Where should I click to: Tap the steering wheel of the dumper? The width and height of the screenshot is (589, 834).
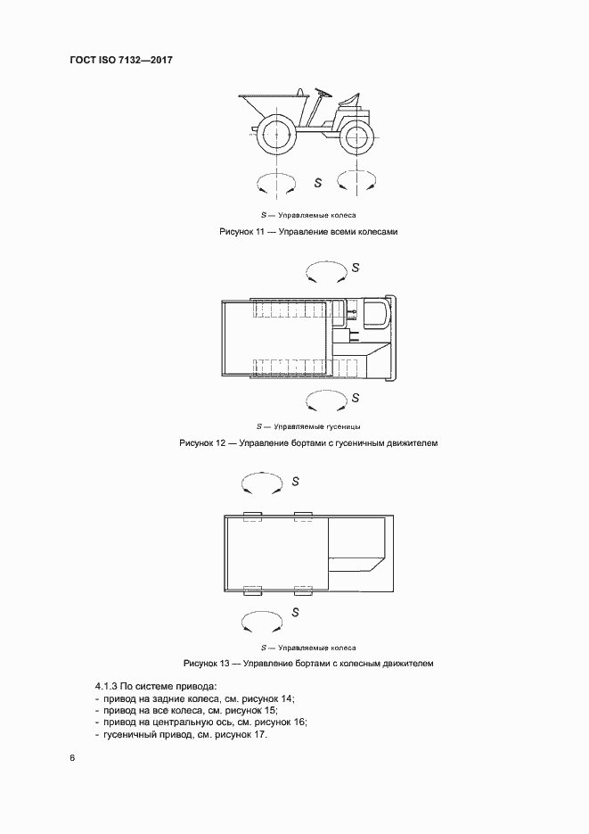(321, 91)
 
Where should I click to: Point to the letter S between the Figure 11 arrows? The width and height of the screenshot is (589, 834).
(318, 183)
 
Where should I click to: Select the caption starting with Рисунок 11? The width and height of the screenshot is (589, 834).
(307, 232)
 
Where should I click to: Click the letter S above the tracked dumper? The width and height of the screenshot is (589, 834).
(356, 267)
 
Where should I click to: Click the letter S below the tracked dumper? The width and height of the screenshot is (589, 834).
(355, 398)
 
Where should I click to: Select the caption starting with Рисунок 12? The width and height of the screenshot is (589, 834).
(309, 442)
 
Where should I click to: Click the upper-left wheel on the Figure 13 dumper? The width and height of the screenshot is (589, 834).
(250, 515)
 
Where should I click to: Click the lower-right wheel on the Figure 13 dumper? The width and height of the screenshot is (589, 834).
(303, 590)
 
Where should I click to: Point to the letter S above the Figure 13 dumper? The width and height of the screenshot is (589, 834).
(294, 481)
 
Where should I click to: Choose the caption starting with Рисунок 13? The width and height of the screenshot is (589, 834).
(308, 664)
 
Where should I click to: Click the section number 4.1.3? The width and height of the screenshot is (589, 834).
(107, 687)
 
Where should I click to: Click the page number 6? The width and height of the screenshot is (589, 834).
(71, 758)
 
